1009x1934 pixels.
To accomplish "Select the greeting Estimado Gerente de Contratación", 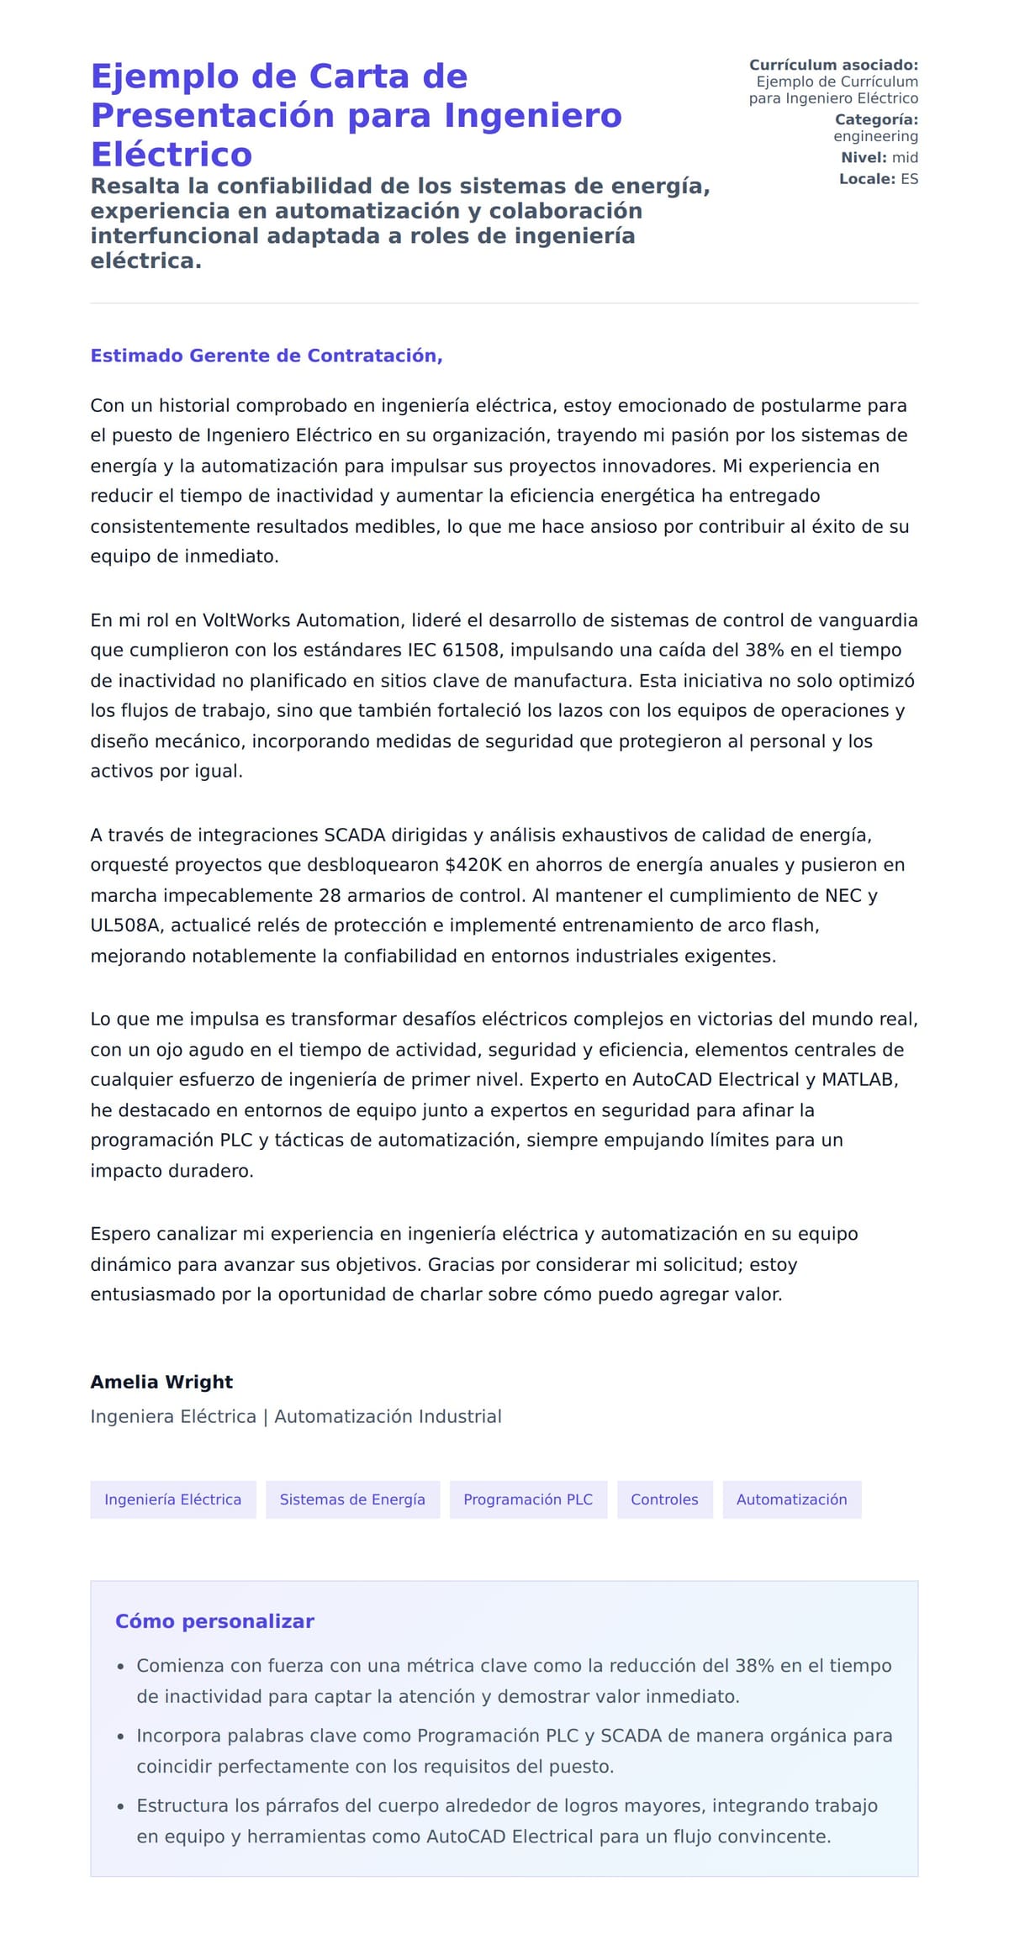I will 266,356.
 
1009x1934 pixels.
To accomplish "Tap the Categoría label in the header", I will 875,119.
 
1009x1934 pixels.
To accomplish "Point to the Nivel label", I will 864,157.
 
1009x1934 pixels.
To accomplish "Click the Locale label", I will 867,179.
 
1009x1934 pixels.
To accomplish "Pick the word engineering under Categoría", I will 875,136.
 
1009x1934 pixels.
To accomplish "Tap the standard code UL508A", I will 127,925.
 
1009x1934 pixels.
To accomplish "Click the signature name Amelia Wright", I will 161,1382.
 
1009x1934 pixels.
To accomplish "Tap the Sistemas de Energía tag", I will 352,1499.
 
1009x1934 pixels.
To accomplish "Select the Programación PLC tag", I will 528,1499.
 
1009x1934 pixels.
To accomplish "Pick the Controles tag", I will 664,1499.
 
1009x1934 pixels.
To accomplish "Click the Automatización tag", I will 791,1499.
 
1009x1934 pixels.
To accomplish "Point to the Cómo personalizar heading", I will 214,1621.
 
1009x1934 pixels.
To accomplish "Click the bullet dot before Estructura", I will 121,1806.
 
